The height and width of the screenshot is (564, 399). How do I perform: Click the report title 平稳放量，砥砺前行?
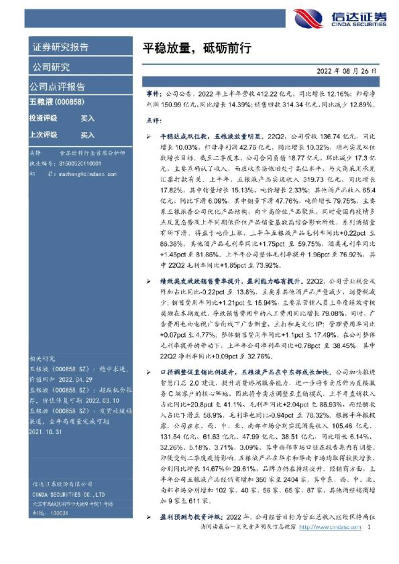coord(197,47)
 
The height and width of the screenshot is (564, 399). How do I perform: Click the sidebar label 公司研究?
coord(50,67)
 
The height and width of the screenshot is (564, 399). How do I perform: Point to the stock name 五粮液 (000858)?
coord(60,102)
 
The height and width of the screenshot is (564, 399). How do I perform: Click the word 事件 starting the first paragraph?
coord(154,94)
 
